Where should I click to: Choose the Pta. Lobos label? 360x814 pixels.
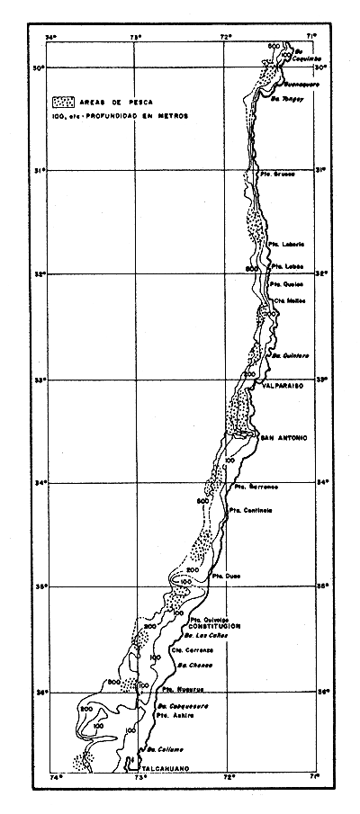point(285,267)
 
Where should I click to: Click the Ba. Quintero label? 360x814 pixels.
point(291,354)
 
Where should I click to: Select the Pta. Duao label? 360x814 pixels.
point(225,574)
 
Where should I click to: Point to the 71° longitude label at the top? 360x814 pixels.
point(310,37)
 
